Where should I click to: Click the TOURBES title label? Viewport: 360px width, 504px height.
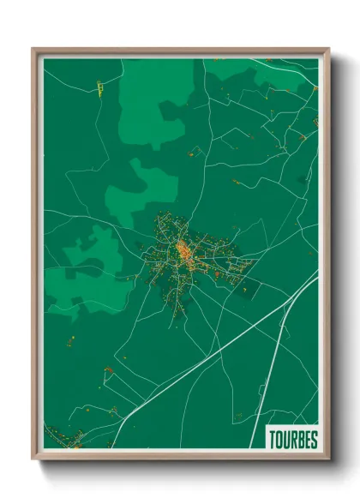292,440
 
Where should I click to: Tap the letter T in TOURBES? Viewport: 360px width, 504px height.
273,440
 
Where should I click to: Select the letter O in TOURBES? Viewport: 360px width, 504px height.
279,440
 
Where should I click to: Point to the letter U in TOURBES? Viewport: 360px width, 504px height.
286,440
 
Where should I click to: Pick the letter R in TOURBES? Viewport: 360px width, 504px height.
293,440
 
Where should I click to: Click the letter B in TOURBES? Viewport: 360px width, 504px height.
300,440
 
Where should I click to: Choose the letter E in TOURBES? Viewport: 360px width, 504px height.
307,440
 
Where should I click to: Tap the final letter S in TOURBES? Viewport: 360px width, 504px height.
313,440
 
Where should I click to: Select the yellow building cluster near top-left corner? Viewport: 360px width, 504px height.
99,87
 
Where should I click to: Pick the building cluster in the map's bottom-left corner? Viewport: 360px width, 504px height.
63,437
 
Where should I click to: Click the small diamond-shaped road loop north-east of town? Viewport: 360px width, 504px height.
197,152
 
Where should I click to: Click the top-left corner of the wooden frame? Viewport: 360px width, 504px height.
33,49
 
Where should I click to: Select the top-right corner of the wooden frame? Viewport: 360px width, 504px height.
328,49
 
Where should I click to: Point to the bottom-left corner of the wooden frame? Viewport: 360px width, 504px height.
33,459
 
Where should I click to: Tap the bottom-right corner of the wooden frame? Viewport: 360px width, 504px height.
328,459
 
